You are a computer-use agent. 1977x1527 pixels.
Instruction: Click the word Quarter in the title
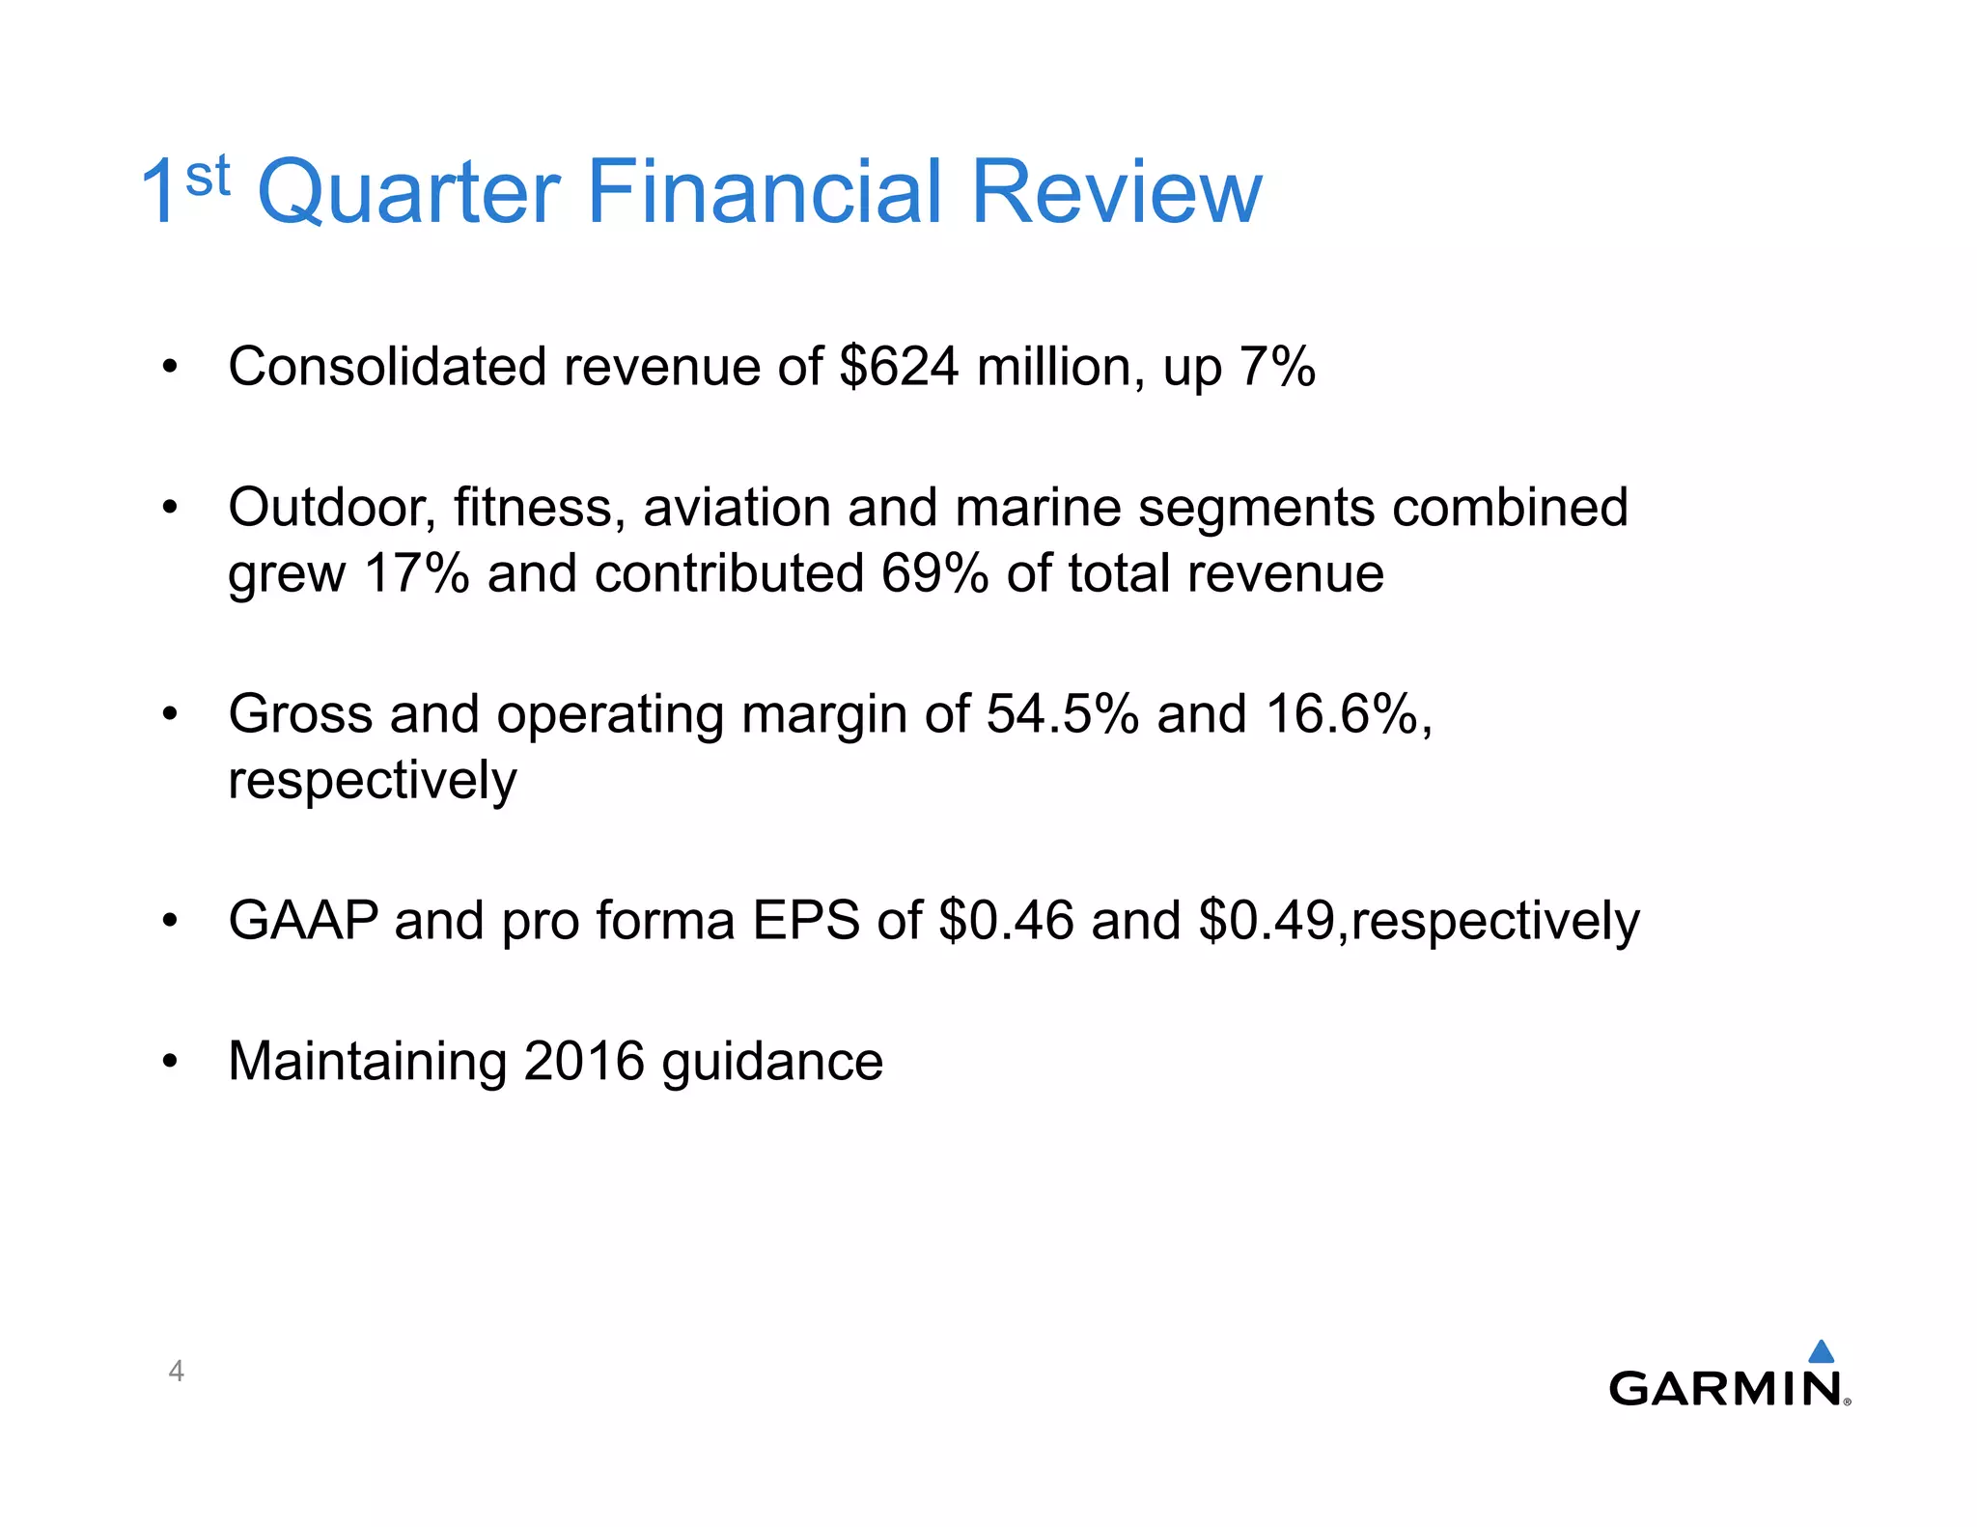pyautogui.click(x=408, y=192)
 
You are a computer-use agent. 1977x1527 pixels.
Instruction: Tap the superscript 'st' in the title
pyautogui.click(x=208, y=176)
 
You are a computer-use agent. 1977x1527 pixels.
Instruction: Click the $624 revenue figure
pyautogui.click(x=900, y=368)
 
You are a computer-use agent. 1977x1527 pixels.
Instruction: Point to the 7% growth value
pyautogui.click(x=1276, y=368)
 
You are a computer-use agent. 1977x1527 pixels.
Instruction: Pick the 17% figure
pyautogui.click(x=416, y=573)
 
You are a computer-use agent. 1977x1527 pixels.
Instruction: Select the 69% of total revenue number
pyautogui.click(x=934, y=573)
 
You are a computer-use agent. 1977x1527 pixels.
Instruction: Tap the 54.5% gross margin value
pyautogui.click(x=1062, y=714)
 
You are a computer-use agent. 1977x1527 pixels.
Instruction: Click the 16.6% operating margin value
pyautogui.click(x=1342, y=714)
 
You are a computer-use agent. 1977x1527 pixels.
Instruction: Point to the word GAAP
pyautogui.click(x=303, y=920)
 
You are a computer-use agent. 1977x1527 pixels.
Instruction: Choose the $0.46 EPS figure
pyautogui.click(x=1006, y=920)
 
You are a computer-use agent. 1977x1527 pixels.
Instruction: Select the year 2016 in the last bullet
pyautogui.click(x=584, y=1061)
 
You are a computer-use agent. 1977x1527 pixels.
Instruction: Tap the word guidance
pyautogui.click(x=772, y=1063)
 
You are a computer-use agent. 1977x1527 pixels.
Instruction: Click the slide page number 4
pyautogui.click(x=176, y=1371)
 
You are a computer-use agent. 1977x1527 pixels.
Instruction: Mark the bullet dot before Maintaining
pyautogui.click(x=171, y=1061)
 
